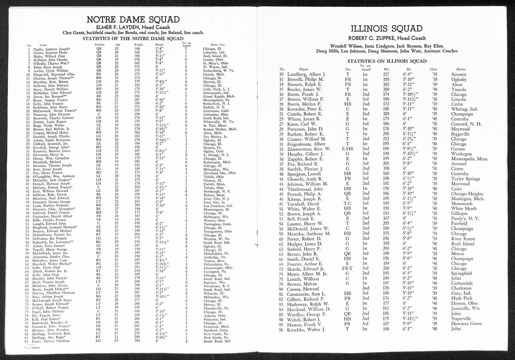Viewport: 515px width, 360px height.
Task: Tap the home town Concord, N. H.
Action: point(468,124)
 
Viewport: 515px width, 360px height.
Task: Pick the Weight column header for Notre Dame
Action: point(139,44)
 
